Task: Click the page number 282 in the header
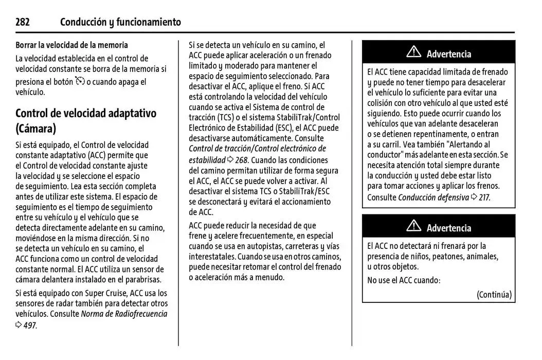pyautogui.click(x=23, y=22)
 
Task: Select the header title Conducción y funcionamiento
pyautogui.click(x=120, y=22)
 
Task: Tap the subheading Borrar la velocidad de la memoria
pyautogui.click(x=71, y=45)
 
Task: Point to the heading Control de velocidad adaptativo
pyautogui.click(x=86, y=113)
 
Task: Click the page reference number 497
pyautogui.click(x=30, y=325)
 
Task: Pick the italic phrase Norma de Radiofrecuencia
pyautogui.click(x=124, y=314)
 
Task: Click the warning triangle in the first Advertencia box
pyautogui.click(x=413, y=52)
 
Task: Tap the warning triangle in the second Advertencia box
pyautogui.click(x=413, y=227)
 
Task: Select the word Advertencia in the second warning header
pyautogui.click(x=448, y=228)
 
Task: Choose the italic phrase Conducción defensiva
pyautogui.click(x=433, y=197)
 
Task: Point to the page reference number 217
pyautogui.click(x=484, y=197)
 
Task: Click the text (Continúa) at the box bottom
pyautogui.click(x=494, y=295)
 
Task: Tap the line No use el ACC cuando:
pyautogui.click(x=404, y=280)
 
